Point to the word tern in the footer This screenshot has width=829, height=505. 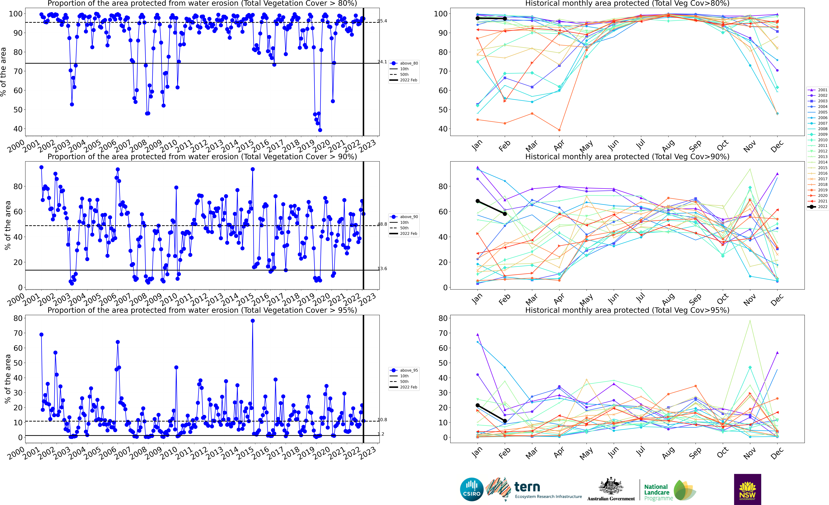527,487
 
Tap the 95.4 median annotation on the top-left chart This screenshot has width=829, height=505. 382,21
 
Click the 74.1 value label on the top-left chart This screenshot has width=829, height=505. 382,62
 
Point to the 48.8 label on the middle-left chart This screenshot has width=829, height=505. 382,224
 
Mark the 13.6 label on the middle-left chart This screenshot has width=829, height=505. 382,269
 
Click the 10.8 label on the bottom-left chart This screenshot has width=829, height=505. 382,420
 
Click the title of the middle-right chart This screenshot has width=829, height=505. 627,157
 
